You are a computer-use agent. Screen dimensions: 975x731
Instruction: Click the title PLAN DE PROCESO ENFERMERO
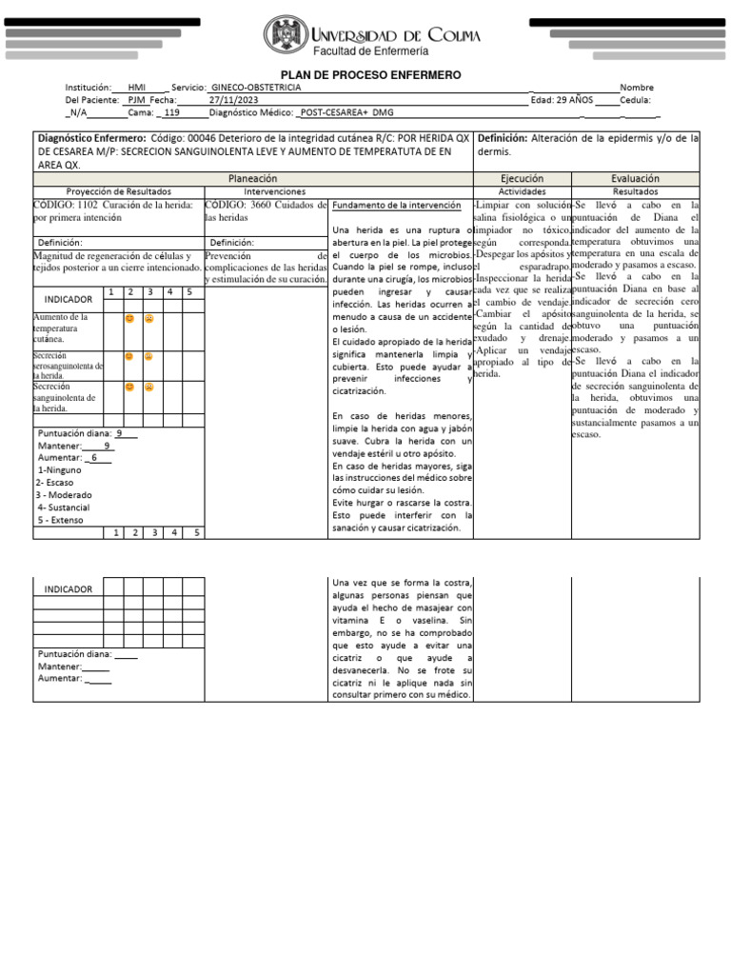click(370, 74)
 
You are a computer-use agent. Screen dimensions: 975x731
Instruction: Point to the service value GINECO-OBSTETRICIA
click(257, 87)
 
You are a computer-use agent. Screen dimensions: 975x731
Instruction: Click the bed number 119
click(171, 111)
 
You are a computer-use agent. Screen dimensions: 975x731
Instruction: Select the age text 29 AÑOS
click(575, 99)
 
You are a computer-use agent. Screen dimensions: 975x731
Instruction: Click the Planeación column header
click(253, 178)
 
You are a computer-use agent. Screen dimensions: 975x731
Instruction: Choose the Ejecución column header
click(522, 178)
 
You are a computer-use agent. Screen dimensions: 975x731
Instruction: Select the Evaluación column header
click(635, 178)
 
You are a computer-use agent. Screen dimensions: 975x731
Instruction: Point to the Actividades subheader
click(522, 191)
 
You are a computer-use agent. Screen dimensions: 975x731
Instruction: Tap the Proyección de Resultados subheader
click(118, 191)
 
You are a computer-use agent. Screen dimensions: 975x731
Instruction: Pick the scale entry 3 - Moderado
click(64, 495)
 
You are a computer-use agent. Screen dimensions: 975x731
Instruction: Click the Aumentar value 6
click(94, 458)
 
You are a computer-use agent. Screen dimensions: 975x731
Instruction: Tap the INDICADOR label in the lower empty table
click(68, 588)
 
